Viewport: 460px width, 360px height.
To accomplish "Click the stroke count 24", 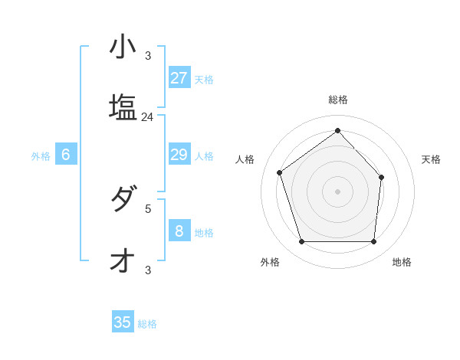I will (x=148, y=117).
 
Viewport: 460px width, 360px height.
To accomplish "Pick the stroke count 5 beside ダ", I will (x=148, y=208).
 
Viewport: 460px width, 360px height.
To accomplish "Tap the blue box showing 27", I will (x=179, y=78).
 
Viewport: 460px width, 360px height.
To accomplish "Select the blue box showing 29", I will (x=179, y=155).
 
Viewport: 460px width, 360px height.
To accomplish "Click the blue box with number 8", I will (x=179, y=231).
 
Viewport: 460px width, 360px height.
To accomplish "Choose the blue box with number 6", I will (x=66, y=155).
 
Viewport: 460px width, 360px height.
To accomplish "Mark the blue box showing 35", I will (x=123, y=322).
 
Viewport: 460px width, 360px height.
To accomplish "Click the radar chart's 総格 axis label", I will (x=338, y=100).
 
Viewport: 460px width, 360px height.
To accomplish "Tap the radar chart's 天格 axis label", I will (x=432, y=159).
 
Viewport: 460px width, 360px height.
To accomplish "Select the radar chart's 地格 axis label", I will (x=402, y=262).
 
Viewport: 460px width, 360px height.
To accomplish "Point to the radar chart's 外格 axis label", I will (x=270, y=262).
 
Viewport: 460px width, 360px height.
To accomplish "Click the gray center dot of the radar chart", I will (x=337, y=191).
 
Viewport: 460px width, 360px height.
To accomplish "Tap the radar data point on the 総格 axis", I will (x=337, y=130).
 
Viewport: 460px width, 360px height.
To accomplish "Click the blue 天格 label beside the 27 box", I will (x=204, y=79).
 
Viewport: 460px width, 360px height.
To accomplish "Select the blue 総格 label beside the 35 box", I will (x=147, y=323).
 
